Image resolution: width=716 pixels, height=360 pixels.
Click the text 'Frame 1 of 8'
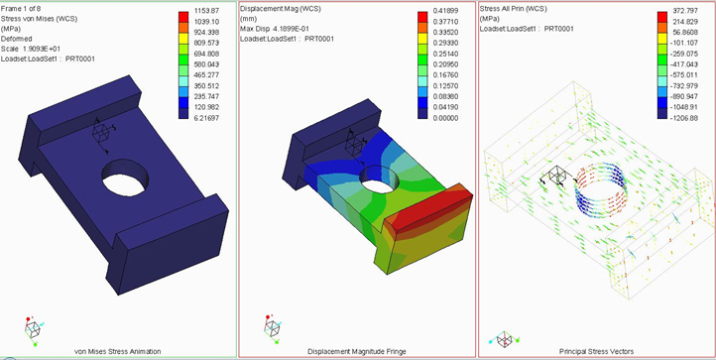[18, 9]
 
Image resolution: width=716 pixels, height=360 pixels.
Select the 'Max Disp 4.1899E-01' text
[272, 29]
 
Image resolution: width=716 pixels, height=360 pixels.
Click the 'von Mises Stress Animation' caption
[117, 351]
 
